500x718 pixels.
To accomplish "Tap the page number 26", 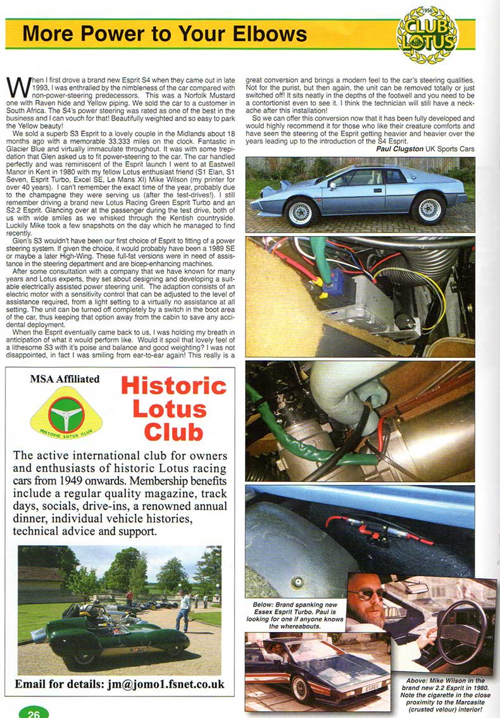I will [x=34, y=712].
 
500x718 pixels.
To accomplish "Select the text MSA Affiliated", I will [x=65, y=379].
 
